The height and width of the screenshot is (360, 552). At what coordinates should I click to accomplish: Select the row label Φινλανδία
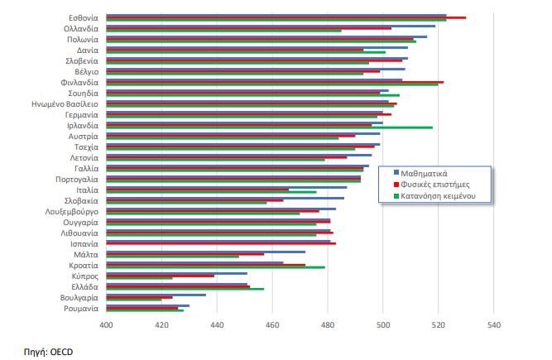79,82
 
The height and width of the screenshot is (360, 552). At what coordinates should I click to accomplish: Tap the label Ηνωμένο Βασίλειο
65,104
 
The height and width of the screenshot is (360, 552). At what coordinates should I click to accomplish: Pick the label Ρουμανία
81,309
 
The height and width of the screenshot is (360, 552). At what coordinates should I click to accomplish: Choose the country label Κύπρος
84,276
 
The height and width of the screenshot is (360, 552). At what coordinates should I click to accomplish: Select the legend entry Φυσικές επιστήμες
438,185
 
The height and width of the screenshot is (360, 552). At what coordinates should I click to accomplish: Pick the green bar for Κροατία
215,268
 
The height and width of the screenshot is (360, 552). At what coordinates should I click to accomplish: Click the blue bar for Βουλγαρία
156,295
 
